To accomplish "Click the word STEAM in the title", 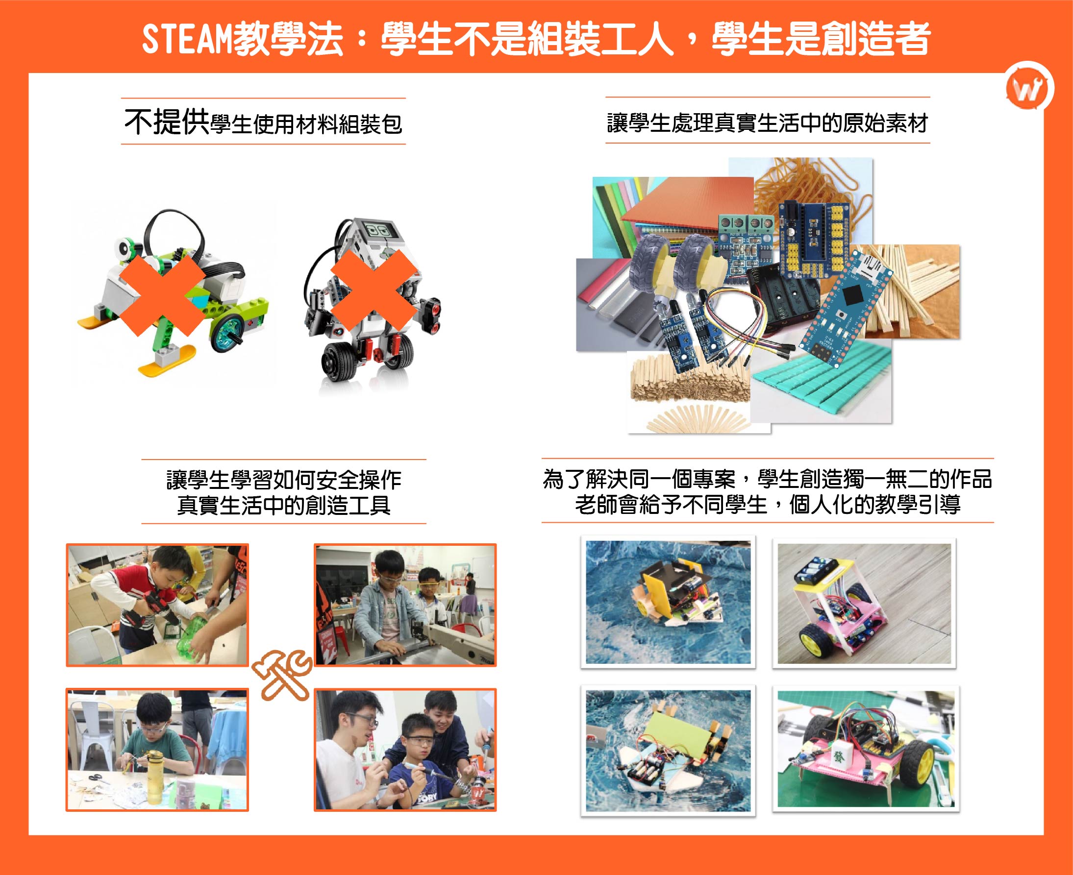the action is coord(187,39).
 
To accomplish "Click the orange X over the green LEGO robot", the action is coord(163,295).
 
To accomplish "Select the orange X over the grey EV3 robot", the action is coord(374,291).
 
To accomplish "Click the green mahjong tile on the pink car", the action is coord(839,756).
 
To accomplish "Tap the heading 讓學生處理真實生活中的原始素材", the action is coord(767,123).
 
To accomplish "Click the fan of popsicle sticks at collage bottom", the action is coord(696,418).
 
